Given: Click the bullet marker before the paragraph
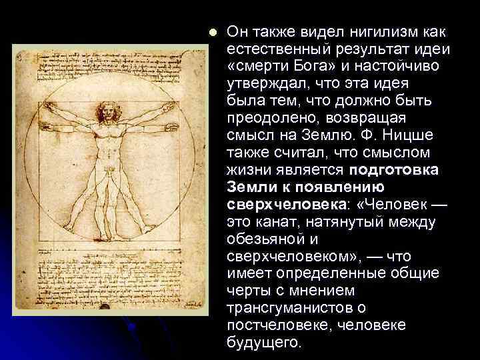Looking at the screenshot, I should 212,32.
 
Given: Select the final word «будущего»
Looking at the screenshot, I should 265,343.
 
